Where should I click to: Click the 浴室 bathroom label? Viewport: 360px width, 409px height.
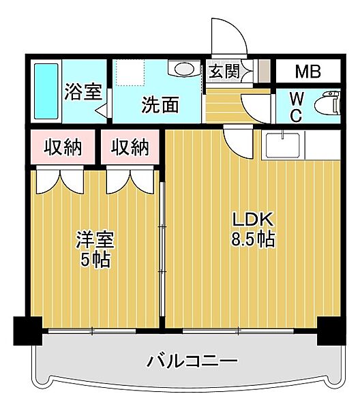pyautogui.click(x=84, y=92)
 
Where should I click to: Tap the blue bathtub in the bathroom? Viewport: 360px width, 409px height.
pyautogui.click(x=46, y=92)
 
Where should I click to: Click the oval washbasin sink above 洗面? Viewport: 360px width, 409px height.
pyautogui.click(x=183, y=70)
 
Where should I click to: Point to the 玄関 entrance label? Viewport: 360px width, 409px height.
pyautogui.click(x=223, y=72)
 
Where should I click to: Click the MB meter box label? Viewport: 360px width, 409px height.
pyautogui.click(x=309, y=72)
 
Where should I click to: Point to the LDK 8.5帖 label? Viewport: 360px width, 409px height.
pyautogui.click(x=253, y=230)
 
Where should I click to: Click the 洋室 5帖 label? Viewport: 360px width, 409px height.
pyautogui.click(x=95, y=249)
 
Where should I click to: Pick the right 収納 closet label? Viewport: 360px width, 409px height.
pyautogui.click(x=130, y=147)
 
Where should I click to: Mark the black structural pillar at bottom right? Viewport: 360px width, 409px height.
pyautogui.click(x=330, y=331)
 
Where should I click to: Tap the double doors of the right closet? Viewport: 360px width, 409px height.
pyautogui.click(x=129, y=180)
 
